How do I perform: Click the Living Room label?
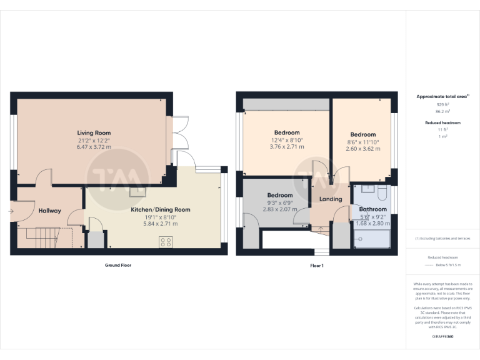click(x=94, y=133)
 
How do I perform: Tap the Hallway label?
click(x=49, y=211)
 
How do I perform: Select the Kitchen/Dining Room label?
click(x=160, y=209)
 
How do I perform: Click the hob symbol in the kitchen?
click(x=166, y=242)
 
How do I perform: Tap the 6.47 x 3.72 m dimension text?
click(x=94, y=147)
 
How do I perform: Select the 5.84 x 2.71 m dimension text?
click(x=160, y=224)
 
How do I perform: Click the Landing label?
click(x=331, y=199)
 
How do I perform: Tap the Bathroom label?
click(x=372, y=209)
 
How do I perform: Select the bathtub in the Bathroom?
click(x=372, y=240)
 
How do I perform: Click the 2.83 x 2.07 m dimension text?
click(x=280, y=209)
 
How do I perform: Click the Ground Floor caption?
click(x=117, y=266)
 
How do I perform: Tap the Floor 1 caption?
click(x=317, y=266)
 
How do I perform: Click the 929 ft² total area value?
click(x=442, y=104)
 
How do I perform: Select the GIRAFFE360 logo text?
click(x=442, y=337)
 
